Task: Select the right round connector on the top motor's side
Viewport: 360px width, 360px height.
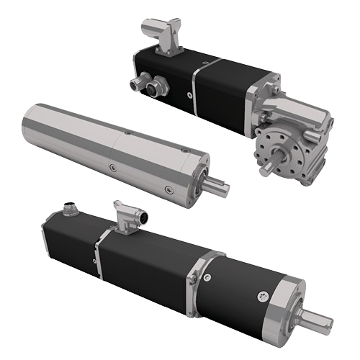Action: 153,91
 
